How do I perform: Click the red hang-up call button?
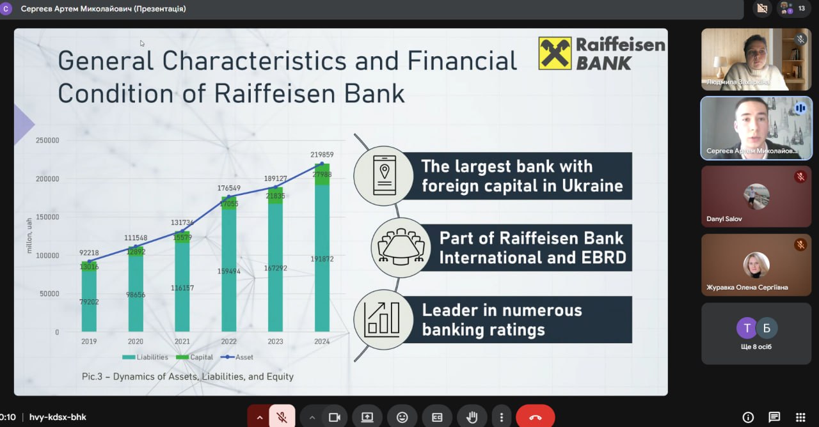pos(536,417)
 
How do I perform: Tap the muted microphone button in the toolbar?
pos(282,417)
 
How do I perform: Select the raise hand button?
pos(472,417)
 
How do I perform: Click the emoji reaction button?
pos(402,417)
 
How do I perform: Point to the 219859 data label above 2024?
pos(322,155)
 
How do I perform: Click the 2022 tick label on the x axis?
pos(229,341)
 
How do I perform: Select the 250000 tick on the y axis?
pos(47,140)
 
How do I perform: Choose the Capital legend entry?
pos(194,357)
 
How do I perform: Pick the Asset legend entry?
pos(237,357)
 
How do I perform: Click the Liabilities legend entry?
pos(145,357)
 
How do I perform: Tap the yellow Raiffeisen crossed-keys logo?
pos(555,53)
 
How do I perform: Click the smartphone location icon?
pos(384,176)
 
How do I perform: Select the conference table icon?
pos(401,247)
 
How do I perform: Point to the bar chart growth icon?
pos(382,319)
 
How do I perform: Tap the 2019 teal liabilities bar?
pos(89,301)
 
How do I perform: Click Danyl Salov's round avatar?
pos(756,197)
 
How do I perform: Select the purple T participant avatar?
pos(747,328)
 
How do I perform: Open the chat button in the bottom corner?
pos(774,417)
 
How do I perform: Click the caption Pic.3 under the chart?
pos(92,377)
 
